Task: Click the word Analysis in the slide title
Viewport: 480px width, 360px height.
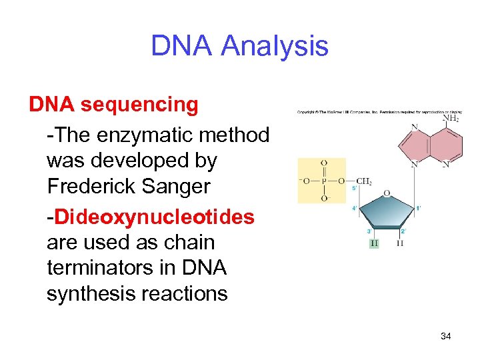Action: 275,46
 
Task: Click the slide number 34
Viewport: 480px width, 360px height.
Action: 446,336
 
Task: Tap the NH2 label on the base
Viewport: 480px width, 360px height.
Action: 451,119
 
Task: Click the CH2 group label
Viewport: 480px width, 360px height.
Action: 365,181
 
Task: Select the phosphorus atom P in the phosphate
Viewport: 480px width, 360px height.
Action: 324,181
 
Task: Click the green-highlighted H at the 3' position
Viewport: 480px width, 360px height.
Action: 373,243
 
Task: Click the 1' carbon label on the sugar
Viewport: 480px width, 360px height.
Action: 418,208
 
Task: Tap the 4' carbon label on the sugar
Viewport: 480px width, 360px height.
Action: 354,208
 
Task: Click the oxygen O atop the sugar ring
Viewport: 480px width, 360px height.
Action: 387,193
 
